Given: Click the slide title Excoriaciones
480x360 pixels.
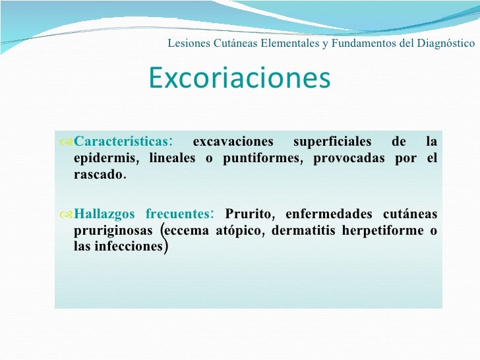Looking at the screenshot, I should [239, 78].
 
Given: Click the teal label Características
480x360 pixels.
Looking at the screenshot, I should [121, 142].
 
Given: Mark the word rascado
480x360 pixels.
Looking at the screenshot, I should [98, 175].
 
